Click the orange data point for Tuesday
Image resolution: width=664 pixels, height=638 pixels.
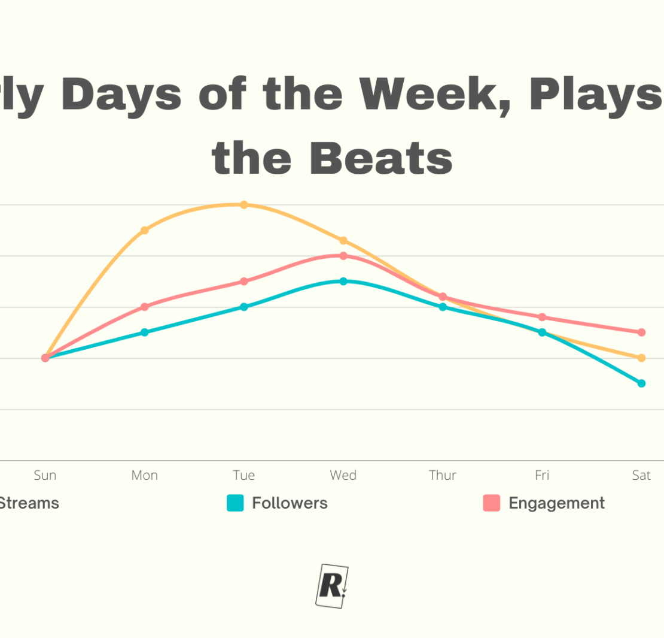point(243,205)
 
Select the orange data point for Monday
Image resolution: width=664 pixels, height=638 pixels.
point(144,230)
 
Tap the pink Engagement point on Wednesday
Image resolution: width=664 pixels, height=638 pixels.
point(343,256)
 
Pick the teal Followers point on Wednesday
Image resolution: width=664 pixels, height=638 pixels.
point(343,281)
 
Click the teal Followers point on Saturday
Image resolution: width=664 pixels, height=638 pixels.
point(641,383)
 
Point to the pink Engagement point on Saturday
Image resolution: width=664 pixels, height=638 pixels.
point(641,332)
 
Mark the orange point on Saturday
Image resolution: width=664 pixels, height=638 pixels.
point(641,358)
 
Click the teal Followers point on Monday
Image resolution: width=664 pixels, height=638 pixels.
point(144,332)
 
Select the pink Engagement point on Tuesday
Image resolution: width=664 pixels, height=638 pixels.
point(243,281)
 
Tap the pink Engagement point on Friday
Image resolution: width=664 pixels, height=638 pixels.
point(542,317)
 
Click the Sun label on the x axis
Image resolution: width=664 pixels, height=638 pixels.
point(45,476)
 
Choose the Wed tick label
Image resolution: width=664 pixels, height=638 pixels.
point(343,476)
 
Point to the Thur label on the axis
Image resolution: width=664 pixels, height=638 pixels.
point(443,476)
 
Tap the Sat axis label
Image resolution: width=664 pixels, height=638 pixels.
point(641,476)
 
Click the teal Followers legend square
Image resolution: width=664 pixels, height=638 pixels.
point(235,503)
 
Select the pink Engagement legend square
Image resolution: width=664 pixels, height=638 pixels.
point(491,503)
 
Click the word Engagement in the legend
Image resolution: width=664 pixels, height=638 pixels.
point(556,503)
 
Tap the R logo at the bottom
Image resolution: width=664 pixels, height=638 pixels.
point(331,586)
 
